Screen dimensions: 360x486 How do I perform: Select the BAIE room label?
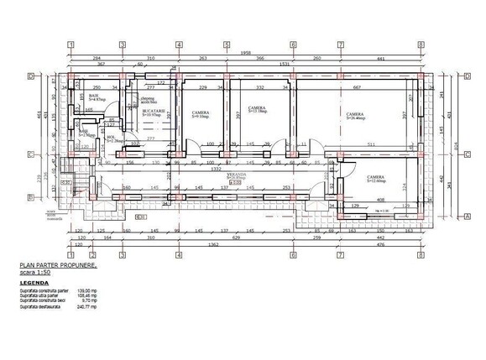(x=93, y=97)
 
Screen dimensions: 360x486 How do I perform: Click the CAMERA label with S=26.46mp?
(x=354, y=114)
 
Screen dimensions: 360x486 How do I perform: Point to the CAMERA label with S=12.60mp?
(x=375, y=179)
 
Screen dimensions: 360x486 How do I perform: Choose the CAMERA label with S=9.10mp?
(x=200, y=112)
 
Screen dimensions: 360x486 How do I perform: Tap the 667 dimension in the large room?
(x=356, y=87)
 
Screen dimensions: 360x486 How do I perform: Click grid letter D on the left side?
(x=30, y=76)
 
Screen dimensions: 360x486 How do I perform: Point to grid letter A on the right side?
(x=467, y=216)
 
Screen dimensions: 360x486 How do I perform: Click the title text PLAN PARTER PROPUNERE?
(x=58, y=266)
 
